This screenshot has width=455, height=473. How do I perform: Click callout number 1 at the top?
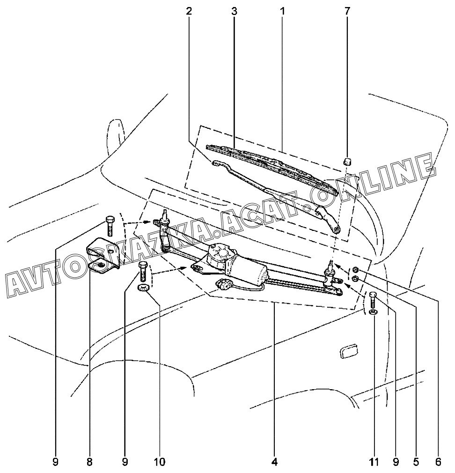pos(282,11)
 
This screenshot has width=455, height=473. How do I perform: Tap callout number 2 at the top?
pos(189,11)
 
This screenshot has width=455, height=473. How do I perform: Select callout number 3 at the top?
pos(234,11)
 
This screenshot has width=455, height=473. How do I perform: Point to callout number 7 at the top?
pos(347,11)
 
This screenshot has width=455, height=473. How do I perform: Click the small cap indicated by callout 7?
pos(347,162)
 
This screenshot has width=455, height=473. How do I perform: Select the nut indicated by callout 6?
pos(356,269)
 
